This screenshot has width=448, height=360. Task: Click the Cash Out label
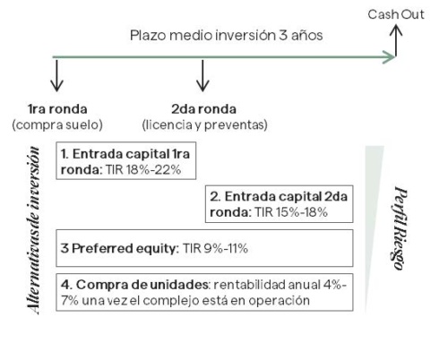coord(396,14)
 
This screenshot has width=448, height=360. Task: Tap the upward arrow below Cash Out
coord(396,40)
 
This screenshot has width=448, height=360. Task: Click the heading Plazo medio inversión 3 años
coord(227,35)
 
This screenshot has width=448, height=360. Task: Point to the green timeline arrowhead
coord(389,57)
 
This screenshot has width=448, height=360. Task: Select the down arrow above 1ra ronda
coord(56,76)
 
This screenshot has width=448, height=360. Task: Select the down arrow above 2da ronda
coord(202,76)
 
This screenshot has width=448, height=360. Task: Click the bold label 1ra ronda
coord(57,109)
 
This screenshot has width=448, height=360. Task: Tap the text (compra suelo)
coord(57,124)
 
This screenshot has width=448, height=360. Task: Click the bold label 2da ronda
coord(203,109)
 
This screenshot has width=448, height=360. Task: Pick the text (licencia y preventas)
coord(205,124)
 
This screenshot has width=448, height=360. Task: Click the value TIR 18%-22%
coord(143,170)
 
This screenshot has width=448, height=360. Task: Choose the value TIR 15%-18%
coord(291,212)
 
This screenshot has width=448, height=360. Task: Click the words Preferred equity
coord(125,248)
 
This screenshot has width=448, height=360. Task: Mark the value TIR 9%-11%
coord(215,248)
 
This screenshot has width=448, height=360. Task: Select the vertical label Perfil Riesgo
coord(401,228)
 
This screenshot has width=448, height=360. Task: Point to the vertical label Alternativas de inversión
coord(33,230)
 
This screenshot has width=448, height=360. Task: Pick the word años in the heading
coord(307,35)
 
